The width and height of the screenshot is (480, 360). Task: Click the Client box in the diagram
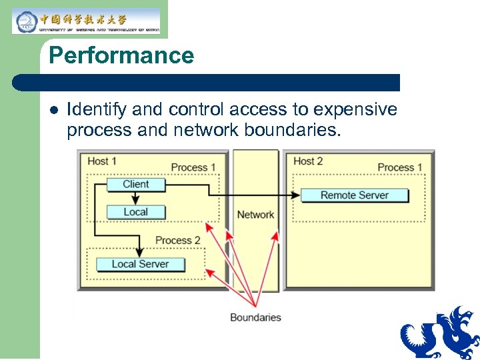point(136,185)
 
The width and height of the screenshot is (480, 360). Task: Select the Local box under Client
point(136,212)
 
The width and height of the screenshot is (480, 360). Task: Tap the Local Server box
point(140,264)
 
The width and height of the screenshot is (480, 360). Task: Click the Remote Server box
point(354,195)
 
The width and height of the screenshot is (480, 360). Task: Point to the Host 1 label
point(102,161)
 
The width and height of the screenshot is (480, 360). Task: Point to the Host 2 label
point(308,161)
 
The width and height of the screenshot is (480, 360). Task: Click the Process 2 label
point(178,240)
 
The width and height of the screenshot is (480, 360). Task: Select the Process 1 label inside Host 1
point(193,167)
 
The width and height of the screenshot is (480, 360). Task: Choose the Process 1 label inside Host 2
point(400,167)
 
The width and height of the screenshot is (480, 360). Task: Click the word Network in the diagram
point(255,215)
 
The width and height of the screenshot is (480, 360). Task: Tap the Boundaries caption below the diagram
point(255,317)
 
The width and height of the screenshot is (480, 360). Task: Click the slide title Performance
point(121,55)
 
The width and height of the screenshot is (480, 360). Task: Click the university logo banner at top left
point(86,21)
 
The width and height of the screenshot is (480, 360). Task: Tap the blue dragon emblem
point(440,333)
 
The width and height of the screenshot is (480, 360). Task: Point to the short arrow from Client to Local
point(136,198)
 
